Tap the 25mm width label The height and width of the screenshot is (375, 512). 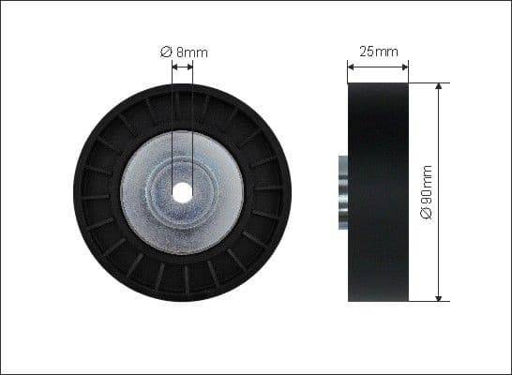tap(378, 51)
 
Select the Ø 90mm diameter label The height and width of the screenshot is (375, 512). tap(427, 192)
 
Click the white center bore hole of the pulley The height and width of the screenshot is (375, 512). tap(183, 191)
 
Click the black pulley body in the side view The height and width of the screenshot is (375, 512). tap(378, 192)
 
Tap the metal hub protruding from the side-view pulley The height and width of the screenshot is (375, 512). tap(343, 192)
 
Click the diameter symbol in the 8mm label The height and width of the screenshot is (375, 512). tap(165, 52)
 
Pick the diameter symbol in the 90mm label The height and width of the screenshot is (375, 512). tap(427, 215)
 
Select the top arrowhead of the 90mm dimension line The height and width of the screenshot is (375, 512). tap(439, 87)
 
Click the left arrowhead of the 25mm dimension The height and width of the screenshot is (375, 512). tap(352, 67)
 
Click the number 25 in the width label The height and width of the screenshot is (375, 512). tap(368, 51)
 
